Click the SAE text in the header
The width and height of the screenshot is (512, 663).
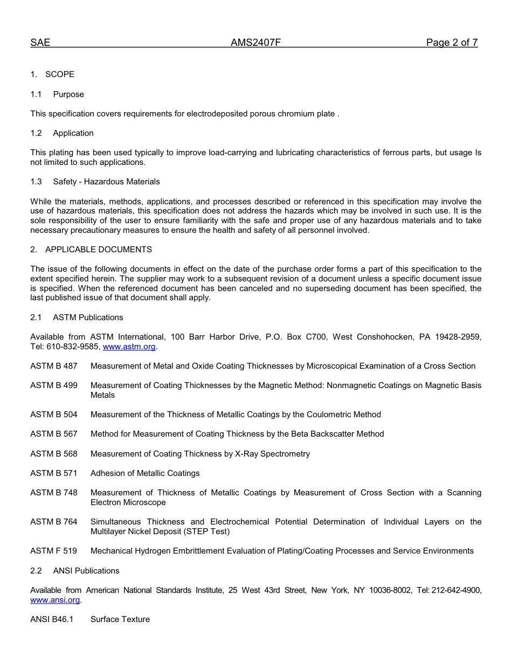tap(40, 43)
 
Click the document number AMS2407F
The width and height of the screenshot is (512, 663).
tap(255, 43)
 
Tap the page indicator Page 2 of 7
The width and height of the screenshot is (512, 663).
tap(452, 43)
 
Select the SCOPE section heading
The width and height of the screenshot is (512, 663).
tap(59, 74)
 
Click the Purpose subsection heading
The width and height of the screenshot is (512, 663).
tap(68, 94)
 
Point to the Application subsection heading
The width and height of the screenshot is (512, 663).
tap(73, 133)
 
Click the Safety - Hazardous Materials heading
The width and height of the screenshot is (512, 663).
tap(106, 182)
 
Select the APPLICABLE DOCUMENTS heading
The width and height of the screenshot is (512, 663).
tap(98, 250)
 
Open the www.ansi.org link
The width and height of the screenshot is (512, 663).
tap(55, 600)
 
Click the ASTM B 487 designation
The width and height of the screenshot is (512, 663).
tap(54, 366)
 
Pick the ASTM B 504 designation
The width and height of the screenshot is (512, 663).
tap(54, 415)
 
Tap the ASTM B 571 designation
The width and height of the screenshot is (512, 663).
tap(54, 473)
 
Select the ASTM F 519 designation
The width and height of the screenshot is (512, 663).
tap(54, 551)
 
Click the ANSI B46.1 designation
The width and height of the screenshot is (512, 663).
tap(52, 619)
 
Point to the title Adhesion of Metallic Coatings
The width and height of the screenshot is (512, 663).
tap(145, 473)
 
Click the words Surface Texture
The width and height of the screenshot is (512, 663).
tap(120, 619)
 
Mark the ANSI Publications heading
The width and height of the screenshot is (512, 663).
tap(86, 571)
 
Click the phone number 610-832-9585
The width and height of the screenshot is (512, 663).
tap(73, 347)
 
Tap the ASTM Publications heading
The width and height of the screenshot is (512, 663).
tap(88, 317)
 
